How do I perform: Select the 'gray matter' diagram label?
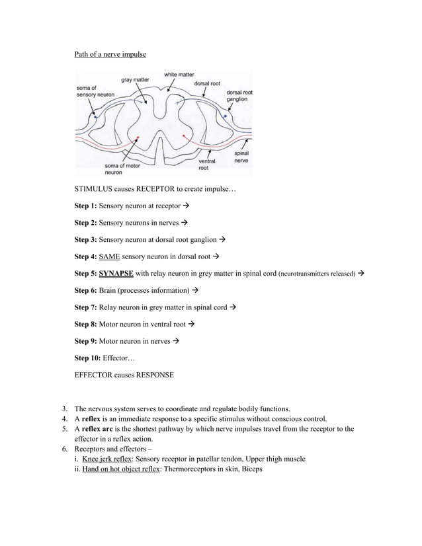135,80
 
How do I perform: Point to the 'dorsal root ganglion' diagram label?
239,96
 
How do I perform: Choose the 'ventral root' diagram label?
206,165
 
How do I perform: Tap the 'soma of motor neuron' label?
122,169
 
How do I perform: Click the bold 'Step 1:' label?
85,205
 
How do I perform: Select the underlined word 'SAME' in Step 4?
109,256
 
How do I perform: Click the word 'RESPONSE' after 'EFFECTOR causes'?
155,375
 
